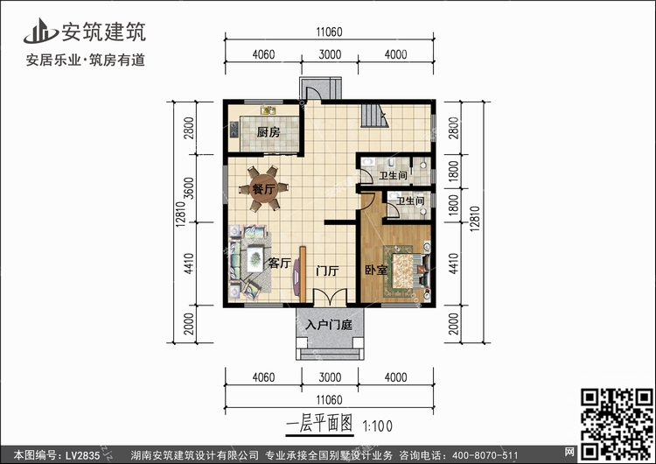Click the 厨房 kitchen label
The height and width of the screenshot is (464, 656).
pos(269,132)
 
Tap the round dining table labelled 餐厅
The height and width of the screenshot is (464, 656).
pos(263,189)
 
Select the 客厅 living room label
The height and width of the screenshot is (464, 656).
pos(280,263)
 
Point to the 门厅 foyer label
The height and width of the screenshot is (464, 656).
pos(327,271)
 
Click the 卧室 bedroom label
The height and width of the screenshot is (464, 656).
pos(376,271)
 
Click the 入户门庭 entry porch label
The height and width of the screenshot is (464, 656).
pos(329,325)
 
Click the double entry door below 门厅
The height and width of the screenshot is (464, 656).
pos(330,298)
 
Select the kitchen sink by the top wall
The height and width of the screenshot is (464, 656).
pos(269,110)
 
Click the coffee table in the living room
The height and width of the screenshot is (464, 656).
pos(255,259)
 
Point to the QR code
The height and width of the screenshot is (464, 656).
pos(617,425)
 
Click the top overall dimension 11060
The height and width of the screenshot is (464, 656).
pos(329,32)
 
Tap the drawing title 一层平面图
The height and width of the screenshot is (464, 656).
pos(319,424)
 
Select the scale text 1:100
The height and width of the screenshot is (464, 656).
pos(378,426)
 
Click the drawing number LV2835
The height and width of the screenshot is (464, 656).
pos(83,455)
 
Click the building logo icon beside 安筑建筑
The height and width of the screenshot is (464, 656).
pos(40,31)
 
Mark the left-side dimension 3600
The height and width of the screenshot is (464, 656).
pos(189,188)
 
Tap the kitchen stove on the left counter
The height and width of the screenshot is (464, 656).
pos(234,129)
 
